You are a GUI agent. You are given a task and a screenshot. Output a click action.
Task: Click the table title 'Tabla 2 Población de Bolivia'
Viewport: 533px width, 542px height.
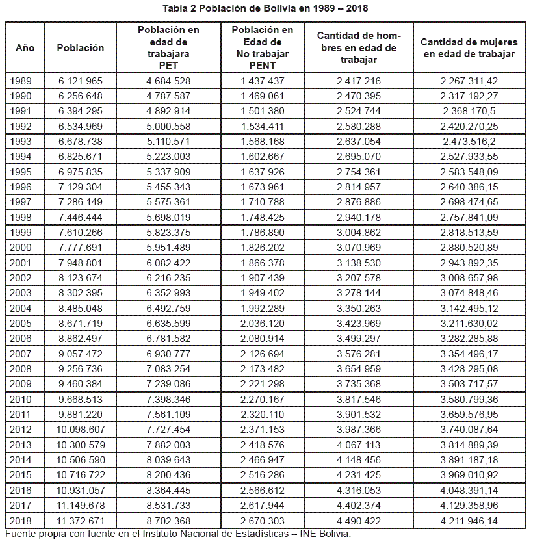pyautogui.click(x=266, y=9)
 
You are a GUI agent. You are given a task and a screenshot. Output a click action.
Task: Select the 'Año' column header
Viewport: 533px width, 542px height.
pyautogui.click(x=25, y=48)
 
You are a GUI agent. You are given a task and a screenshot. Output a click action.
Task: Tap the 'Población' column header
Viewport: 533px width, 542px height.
pyautogui.click(x=81, y=48)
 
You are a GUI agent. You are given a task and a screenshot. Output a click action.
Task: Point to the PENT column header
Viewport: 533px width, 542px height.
pyautogui.click(x=263, y=48)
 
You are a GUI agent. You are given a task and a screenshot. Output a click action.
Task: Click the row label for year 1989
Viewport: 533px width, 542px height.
pyautogui.click(x=20, y=81)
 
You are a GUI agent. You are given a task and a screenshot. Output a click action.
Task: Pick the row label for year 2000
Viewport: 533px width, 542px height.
pyautogui.click(x=20, y=248)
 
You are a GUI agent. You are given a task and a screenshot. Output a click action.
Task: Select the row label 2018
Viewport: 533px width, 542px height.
pyautogui.click(x=20, y=521)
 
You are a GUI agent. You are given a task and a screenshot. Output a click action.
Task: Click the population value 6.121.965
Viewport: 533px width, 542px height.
pyautogui.click(x=81, y=81)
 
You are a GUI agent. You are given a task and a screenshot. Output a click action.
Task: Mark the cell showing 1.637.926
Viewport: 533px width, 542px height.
pyautogui.click(x=263, y=172)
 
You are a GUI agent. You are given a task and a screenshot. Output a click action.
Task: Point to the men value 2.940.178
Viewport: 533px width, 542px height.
pyautogui.click(x=359, y=217)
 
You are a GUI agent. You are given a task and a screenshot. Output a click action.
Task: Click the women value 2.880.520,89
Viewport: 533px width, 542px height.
pyautogui.click(x=469, y=248)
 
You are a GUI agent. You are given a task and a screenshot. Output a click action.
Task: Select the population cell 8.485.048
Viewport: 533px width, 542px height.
pyautogui.click(x=81, y=308)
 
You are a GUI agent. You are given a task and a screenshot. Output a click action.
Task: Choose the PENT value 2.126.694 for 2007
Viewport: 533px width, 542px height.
pyautogui.click(x=263, y=354)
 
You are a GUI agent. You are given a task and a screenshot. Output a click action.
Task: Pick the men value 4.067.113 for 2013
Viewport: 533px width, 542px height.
pyautogui.click(x=359, y=445)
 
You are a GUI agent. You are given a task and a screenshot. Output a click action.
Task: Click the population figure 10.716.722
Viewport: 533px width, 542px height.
pyautogui.click(x=81, y=475)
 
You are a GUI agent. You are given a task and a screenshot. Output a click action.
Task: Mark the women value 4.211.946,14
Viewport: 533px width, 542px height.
pyautogui.click(x=469, y=521)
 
